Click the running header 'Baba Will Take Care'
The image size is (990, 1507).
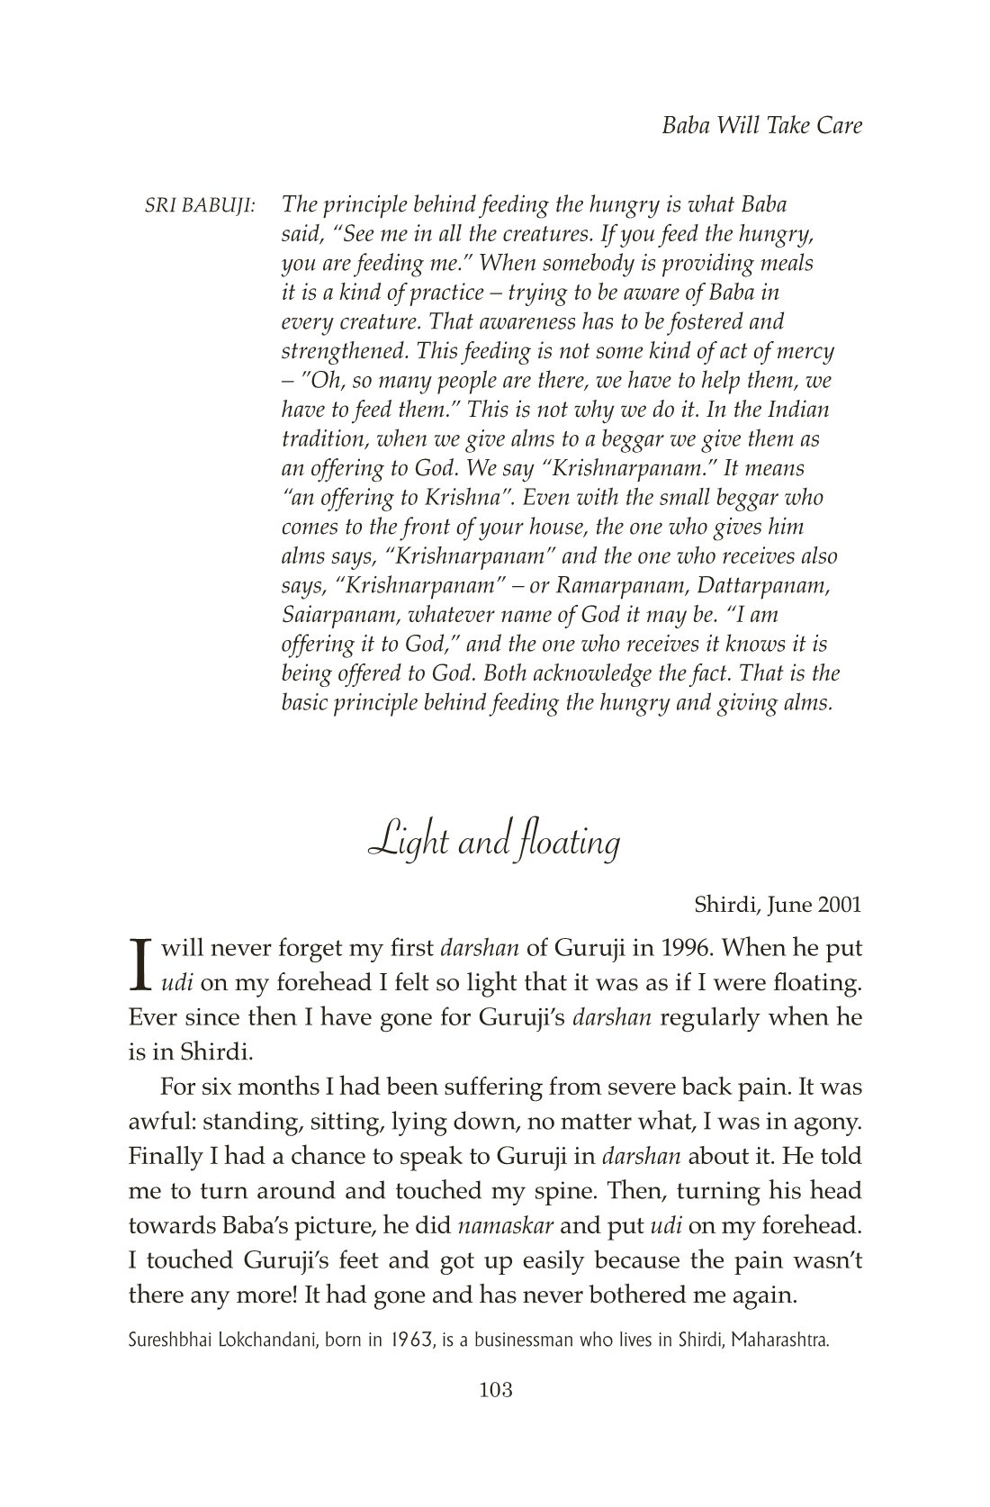coord(761,125)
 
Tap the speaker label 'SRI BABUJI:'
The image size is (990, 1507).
coord(200,205)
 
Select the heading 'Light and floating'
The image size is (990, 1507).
coord(494,843)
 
